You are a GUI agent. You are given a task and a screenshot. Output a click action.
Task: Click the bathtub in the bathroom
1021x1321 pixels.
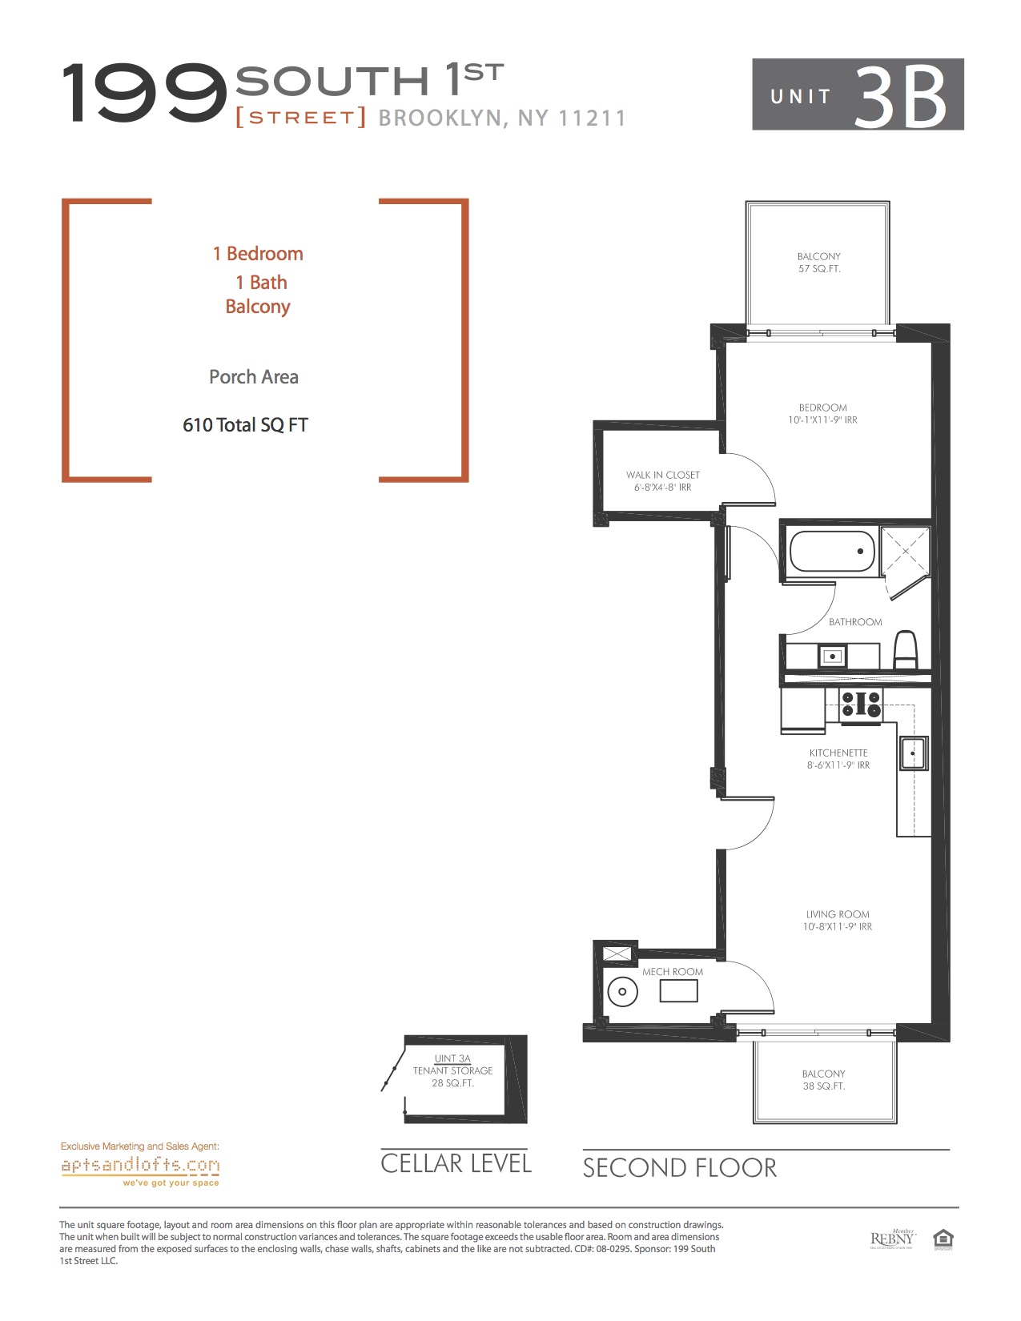pos(832,552)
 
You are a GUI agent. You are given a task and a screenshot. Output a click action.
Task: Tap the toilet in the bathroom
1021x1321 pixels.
pos(906,650)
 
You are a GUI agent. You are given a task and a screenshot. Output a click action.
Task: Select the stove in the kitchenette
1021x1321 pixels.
pos(861,705)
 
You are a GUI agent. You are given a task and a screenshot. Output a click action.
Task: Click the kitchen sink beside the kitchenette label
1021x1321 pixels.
pos(913,753)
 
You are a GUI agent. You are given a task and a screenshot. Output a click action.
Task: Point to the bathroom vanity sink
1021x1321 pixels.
pos(832,656)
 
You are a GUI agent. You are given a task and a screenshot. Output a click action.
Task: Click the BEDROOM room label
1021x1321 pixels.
pos(822,408)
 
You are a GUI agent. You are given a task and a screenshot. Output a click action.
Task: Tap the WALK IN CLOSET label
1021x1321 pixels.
pos(663,475)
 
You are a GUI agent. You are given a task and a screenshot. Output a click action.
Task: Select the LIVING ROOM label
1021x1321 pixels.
pos(838,914)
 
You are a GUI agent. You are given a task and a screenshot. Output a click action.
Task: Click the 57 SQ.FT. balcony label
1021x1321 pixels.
pos(819,269)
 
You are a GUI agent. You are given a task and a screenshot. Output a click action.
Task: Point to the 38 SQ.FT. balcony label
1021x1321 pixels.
pos(824,1086)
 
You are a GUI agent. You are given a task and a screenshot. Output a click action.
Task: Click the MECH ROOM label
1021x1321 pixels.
pos(673,972)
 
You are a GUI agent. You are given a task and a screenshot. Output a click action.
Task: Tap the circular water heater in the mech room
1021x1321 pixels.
pos(623,991)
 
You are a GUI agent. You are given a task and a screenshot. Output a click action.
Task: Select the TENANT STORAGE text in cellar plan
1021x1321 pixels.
pos(452,1070)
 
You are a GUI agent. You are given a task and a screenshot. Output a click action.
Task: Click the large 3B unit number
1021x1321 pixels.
pos(901,96)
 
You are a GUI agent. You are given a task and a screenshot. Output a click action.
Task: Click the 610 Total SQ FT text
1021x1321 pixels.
pos(245,425)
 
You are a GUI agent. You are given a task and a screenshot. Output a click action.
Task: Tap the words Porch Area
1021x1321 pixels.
pos(254,377)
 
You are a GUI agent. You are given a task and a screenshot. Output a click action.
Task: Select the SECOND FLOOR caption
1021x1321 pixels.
pos(680,1168)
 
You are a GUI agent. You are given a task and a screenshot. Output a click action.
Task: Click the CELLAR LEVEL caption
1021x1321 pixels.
pos(456,1163)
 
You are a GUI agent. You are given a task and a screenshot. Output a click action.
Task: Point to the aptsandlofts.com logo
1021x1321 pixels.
pos(140,1166)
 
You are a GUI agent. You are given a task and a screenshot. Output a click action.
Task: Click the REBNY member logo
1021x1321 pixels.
pos(893,1239)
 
